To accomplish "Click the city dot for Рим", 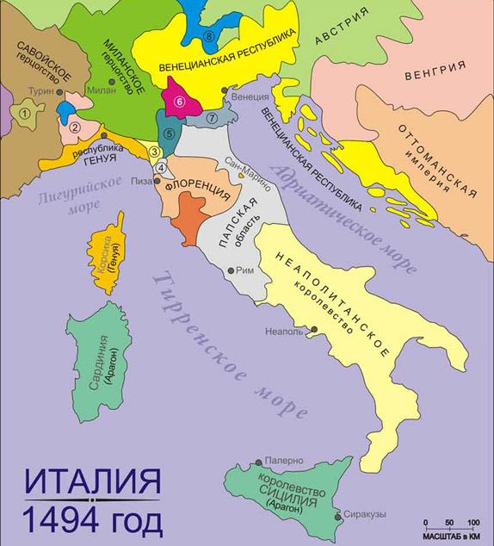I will (230, 270).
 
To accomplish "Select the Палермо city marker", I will (261, 462).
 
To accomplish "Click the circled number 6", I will (179, 101).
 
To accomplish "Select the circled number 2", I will (75, 127).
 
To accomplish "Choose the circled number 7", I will (209, 117).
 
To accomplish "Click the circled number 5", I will (169, 133).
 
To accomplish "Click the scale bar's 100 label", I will (472, 523).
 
